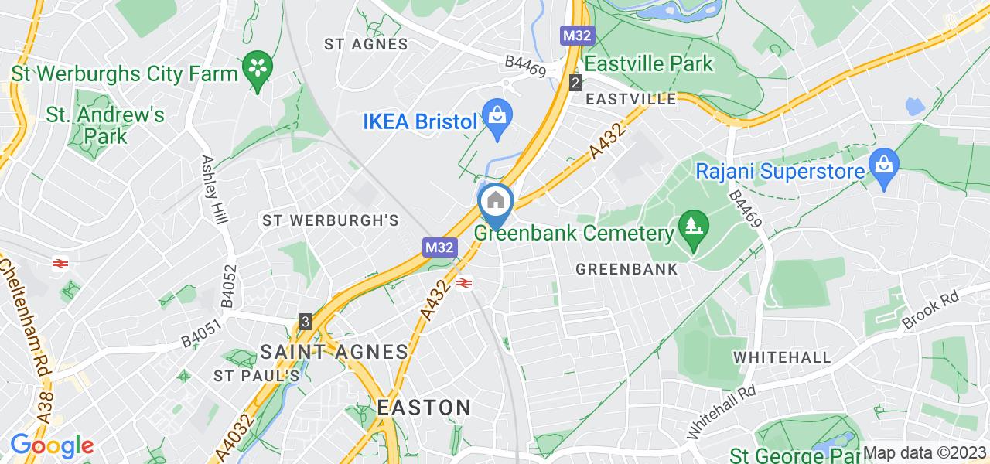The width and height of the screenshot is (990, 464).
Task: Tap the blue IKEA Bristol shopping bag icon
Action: (496, 118)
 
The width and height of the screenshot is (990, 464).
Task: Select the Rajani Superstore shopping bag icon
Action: (882, 165)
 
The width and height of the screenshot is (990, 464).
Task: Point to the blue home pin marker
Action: (496, 203)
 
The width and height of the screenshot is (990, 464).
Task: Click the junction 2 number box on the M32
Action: (575, 82)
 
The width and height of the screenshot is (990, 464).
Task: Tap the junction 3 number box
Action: (306, 321)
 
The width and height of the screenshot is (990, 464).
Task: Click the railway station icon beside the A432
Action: (464, 283)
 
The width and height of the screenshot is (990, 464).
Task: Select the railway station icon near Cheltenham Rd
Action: (59, 264)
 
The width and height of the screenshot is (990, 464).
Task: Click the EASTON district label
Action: (425, 408)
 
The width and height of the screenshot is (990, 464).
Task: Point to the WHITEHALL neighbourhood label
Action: (782, 357)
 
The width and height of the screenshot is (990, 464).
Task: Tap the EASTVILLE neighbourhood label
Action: (631, 99)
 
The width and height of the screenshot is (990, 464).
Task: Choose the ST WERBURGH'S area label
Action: (330, 220)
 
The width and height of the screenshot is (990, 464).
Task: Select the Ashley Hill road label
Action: (214, 189)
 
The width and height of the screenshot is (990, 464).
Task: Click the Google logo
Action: (52, 446)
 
